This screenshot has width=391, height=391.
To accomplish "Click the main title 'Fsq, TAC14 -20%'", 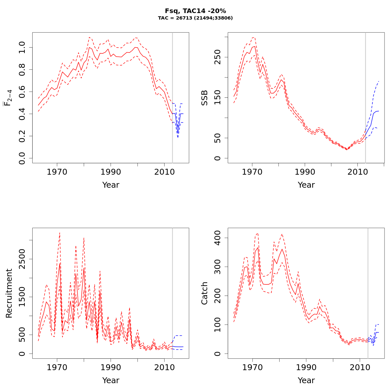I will coord(195,11).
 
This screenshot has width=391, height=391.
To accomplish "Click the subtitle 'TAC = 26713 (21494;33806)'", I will coord(195,18).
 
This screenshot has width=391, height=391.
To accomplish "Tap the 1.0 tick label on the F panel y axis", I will coord(22,47).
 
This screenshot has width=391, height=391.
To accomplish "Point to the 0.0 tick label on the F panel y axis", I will coord(22,158).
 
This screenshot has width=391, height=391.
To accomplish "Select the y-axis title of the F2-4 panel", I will coord(8,98).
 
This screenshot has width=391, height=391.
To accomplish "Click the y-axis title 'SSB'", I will coord(204,98).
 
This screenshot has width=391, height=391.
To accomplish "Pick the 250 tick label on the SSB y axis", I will coord(217,57).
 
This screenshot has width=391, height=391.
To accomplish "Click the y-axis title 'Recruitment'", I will coord(9,293).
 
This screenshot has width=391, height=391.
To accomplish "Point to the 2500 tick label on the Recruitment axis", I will coord(22,259).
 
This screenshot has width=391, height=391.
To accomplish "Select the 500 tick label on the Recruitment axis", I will coord(22,335).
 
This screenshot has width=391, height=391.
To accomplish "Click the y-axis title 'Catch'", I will coord(204,293).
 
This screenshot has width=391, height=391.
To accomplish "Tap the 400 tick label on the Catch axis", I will coord(217,238).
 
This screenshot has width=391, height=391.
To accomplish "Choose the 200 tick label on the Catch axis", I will coord(217,296).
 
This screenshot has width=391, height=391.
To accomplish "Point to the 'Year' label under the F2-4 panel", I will coord(111,185).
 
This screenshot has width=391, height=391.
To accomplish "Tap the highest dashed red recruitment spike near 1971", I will coord(60,233).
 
